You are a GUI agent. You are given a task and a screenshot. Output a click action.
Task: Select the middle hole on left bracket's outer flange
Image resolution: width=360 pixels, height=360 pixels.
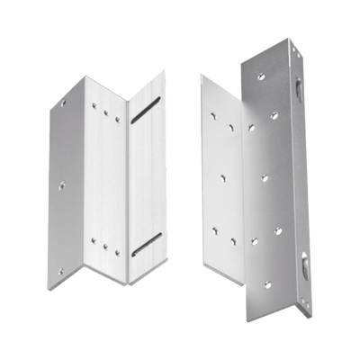pyautogui.click(x=60, y=186)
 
